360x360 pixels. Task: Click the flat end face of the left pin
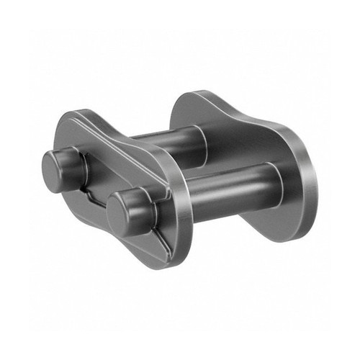(x=55, y=166)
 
